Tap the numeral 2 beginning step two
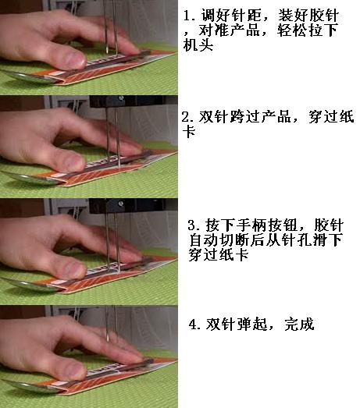pos(187,117)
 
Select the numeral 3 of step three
pos(192,225)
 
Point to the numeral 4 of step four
pos(194,325)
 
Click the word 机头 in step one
pos(198,44)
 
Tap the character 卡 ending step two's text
pos(189,131)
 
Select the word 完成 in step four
pos(299,325)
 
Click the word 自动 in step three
pos(204,240)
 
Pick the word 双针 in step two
pos(214,116)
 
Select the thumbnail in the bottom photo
pos(75,371)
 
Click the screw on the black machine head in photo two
pos(121,98)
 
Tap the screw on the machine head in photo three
pos(121,203)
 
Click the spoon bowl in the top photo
pos(29,77)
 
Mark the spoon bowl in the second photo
pos(30,179)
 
